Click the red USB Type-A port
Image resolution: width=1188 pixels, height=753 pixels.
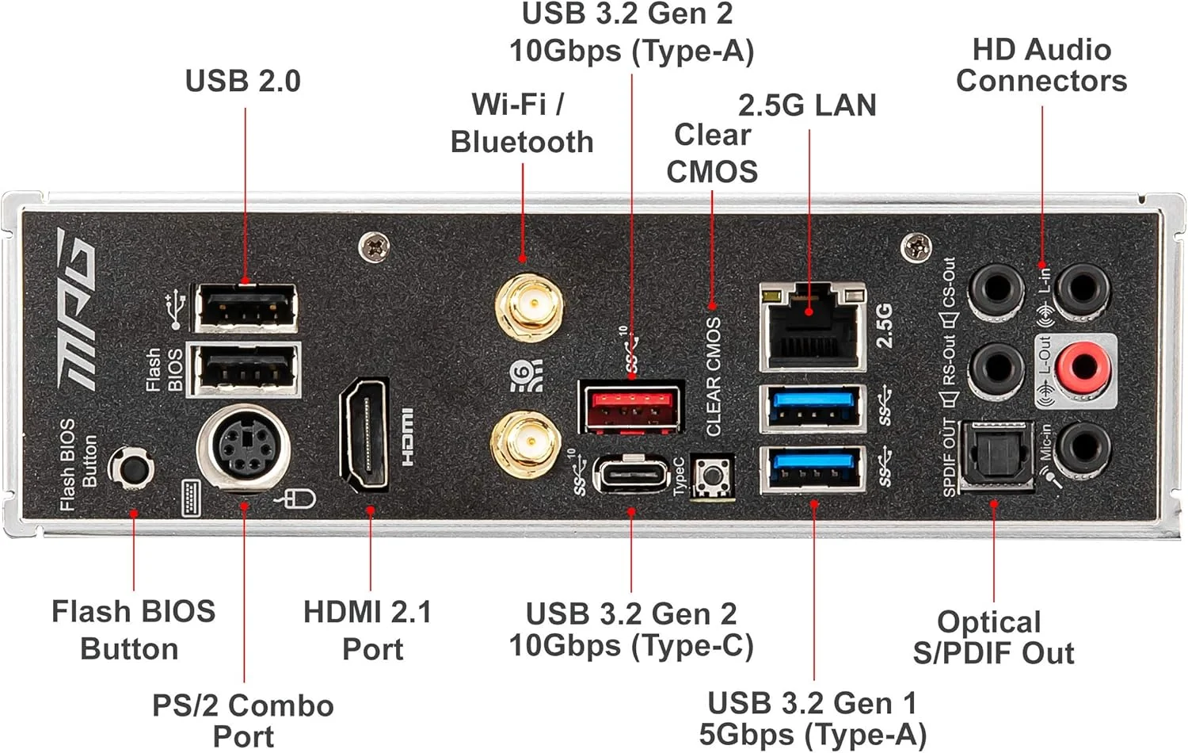tap(631, 407)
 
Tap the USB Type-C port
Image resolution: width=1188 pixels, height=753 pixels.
tap(631, 474)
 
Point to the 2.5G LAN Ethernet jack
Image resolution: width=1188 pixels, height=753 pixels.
tap(812, 326)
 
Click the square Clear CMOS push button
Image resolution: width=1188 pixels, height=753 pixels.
tap(712, 477)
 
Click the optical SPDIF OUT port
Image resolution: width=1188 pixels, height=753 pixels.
tap(996, 457)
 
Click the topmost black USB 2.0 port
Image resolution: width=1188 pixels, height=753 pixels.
tap(246, 306)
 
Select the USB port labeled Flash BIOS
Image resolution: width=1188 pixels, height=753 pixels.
tap(246, 369)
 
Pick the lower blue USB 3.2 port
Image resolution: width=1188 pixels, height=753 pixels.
tap(813, 469)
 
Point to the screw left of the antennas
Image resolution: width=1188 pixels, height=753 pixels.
tap(374, 247)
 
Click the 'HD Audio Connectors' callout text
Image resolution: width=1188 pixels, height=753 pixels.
tap(1041, 65)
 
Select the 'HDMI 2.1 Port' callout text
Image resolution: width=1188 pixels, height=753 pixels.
tap(368, 630)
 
